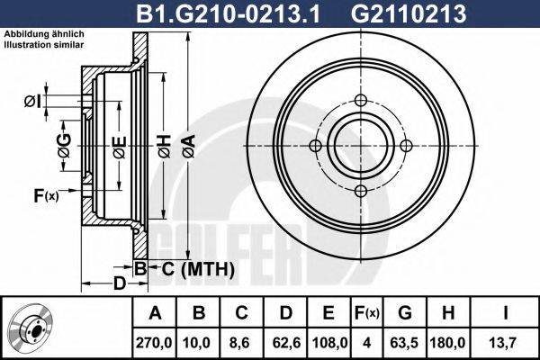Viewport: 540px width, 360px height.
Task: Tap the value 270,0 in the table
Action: [x=154, y=342]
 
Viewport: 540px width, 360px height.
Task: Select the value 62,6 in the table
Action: [x=285, y=342]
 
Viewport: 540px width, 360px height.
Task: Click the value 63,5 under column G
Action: [x=406, y=342]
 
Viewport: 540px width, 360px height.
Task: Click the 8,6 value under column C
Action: [x=241, y=342]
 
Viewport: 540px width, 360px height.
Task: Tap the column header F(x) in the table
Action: [x=367, y=313]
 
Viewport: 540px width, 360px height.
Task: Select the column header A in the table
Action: [x=154, y=313]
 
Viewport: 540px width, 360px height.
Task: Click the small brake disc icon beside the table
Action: [x=34, y=328]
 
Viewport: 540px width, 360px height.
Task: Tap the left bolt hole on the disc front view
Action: [x=315, y=146]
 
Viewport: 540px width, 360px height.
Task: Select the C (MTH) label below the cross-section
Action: [x=197, y=269]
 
